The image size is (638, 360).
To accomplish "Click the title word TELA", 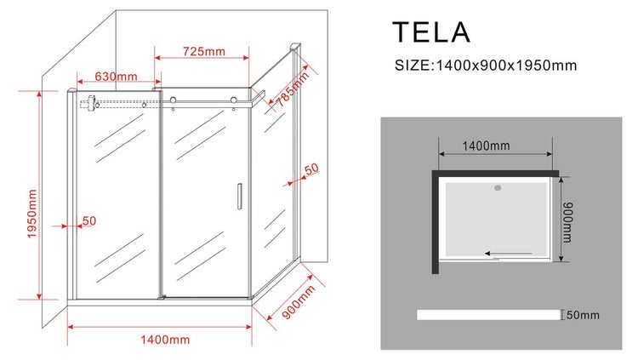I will pyautogui.click(x=430, y=32).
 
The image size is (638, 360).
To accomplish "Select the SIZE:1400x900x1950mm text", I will pyautogui.click(x=485, y=66).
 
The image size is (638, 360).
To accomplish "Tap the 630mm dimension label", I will pyautogui.click(x=116, y=77).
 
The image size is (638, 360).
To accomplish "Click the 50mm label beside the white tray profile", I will pyautogui.click(x=583, y=316).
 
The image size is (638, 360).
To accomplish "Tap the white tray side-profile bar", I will pyautogui.click(x=488, y=315).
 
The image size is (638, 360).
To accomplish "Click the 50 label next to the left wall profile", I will pyautogui.click(x=89, y=220).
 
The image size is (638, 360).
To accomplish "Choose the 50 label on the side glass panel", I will pyautogui.click(x=310, y=169).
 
